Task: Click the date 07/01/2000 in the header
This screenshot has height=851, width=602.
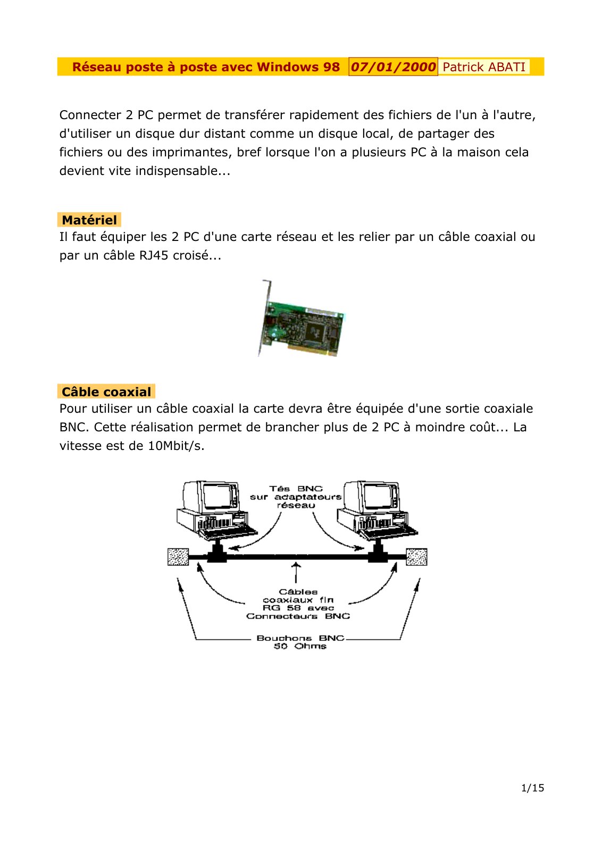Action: (x=393, y=67)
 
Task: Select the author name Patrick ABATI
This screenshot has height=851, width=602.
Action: (x=483, y=67)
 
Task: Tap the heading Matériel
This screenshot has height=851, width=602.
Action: (x=89, y=220)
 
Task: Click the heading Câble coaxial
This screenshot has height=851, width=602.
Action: (x=106, y=391)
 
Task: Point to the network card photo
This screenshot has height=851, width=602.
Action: (x=301, y=319)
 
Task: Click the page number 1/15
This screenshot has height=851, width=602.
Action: (x=532, y=788)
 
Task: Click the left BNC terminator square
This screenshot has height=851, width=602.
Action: (x=178, y=557)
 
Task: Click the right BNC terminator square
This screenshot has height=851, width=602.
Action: (x=416, y=557)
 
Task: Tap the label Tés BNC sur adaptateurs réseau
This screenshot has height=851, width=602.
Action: (x=296, y=497)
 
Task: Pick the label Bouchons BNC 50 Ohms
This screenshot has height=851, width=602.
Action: (x=300, y=642)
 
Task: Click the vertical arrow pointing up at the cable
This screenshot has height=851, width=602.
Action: (x=296, y=572)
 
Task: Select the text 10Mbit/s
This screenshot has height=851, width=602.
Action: (x=176, y=446)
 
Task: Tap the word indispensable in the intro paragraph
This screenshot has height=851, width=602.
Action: (x=183, y=171)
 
